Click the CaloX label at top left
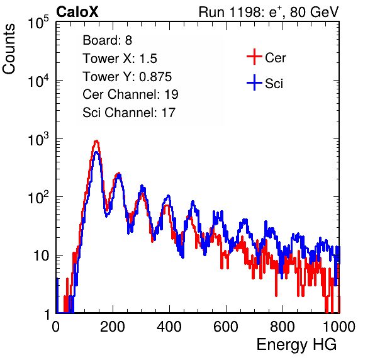pyautogui.click(x=77, y=12)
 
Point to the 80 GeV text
pyautogui.click(x=314, y=12)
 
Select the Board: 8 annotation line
pyautogui.click(x=107, y=40)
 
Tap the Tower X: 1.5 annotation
pyautogui.click(x=120, y=59)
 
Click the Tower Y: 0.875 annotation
pyautogui.click(x=127, y=77)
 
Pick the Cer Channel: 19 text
pyautogui.click(x=130, y=94)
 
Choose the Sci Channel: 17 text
pyautogui.click(x=129, y=113)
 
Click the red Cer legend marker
pyautogui.click(x=254, y=57)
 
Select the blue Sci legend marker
pyautogui.click(x=254, y=82)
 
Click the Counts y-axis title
pyautogui.click(x=9, y=49)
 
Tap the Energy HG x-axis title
pyautogui.click(x=296, y=345)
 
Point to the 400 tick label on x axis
pyautogui.click(x=169, y=327)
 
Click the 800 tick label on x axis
pyautogui.click(x=283, y=327)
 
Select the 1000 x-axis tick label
pyautogui.click(x=339, y=327)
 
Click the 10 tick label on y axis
pyautogui.click(x=42, y=256)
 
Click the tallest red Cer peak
pyautogui.click(x=96, y=141)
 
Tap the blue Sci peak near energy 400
pyautogui.click(x=169, y=196)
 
